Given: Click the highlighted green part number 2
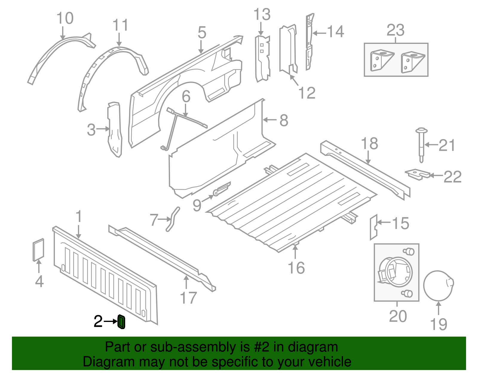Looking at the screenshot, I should coord(121,322).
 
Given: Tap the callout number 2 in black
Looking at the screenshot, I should coord(98,321).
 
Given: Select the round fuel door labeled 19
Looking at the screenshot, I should coord(438,285).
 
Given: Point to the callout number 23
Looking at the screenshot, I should coord(396,30).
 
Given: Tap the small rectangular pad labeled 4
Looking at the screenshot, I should coord(38,249).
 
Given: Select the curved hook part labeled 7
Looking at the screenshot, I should coord(173,219).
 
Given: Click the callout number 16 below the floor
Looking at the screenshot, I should coord(296,268).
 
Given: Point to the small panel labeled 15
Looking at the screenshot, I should coord(373,227).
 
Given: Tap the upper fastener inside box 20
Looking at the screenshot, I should coord(409,251).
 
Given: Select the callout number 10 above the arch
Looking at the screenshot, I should coord(65,18).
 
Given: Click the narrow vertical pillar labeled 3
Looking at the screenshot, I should coord(115,130).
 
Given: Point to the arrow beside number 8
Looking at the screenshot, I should coord(270,120).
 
